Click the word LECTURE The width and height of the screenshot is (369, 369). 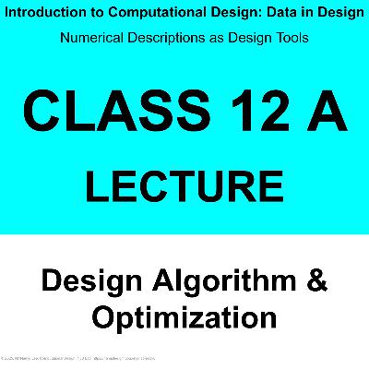[x=184, y=184]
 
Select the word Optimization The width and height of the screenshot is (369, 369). [x=184, y=317]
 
